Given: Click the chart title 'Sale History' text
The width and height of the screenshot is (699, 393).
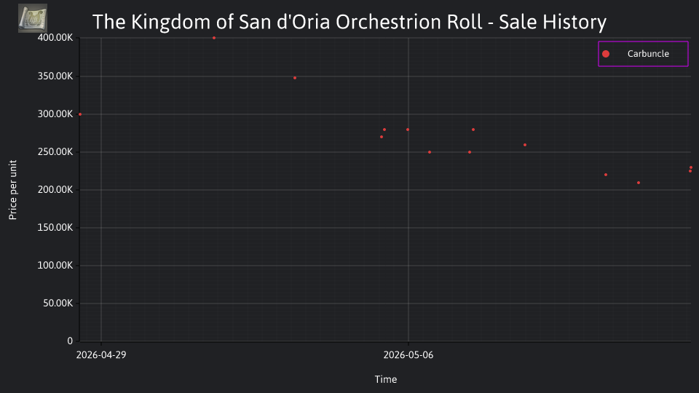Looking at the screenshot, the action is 553,22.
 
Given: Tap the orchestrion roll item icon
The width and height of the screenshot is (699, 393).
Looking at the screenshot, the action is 33,18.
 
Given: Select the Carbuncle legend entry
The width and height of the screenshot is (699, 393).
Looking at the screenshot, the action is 643,54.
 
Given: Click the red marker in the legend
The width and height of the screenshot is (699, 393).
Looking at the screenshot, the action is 605,54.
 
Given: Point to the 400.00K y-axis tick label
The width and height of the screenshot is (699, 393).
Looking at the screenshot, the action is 55,38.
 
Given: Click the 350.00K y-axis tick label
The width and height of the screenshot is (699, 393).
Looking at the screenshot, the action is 55,76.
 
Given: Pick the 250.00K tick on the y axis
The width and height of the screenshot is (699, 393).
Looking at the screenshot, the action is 55,152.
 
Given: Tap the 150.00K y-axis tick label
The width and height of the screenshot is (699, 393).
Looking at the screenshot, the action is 55,228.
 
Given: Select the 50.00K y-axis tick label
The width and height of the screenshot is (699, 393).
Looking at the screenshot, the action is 58,303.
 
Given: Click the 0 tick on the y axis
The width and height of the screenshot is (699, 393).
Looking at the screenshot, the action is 70,341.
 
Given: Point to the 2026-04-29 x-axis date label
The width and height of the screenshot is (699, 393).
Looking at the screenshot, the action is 101,355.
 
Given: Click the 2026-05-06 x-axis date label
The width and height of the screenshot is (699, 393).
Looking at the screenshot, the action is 408,355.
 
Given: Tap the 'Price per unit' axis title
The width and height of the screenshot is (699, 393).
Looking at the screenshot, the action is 13,190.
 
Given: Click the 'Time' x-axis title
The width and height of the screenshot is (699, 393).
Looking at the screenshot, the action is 386,380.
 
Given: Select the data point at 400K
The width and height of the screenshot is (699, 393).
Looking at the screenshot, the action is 214,38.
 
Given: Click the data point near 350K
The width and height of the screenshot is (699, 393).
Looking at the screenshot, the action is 295,78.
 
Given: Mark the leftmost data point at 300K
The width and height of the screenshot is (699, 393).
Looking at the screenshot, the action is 80,114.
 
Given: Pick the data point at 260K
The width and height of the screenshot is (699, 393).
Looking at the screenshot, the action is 525,145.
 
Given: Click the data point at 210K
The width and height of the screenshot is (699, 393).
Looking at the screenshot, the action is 639,183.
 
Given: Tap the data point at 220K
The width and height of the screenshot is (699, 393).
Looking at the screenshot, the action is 605,175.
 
